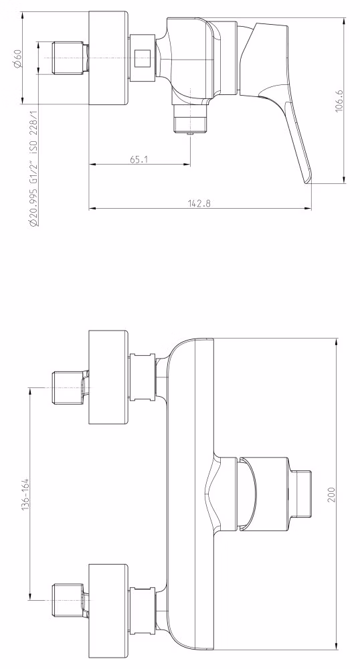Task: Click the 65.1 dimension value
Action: pyautogui.click(x=139, y=160)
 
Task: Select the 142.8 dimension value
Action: pyautogui.click(x=199, y=203)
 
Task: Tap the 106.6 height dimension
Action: pyautogui.click(x=339, y=101)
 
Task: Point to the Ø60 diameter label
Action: pyautogui.click(x=17, y=58)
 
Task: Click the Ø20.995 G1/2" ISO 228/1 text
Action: pyautogui.click(x=33, y=168)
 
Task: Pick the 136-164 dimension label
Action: pyautogui.click(x=25, y=494)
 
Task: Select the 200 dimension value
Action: pyautogui.click(x=332, y=494)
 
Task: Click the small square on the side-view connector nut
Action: pyautogui.click(x=142, y=58)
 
